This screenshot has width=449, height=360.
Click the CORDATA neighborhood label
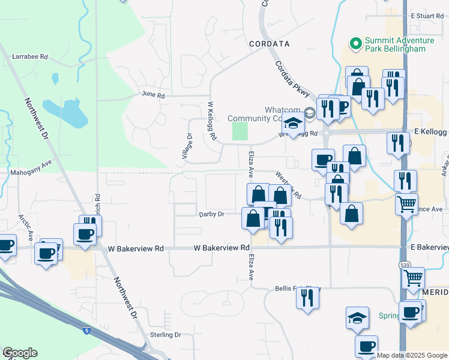pos(270,44)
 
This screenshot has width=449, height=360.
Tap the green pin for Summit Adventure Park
pos(355,43)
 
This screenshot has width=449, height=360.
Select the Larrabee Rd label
pos(29,56)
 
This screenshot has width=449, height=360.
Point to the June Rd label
pos(152,95)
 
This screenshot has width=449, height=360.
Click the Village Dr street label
pos(186,146)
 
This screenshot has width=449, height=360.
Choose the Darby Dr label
pos(211,214)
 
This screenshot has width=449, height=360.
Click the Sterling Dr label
pos(165,335)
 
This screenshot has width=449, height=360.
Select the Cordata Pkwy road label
pos(292,79)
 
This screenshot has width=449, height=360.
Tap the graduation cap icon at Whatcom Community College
pos(293,124)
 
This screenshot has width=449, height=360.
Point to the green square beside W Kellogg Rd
pos(240,131)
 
